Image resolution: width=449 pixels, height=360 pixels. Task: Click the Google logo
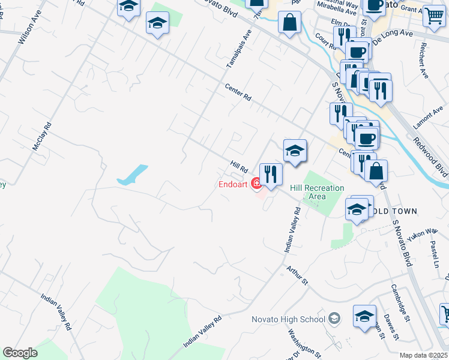[x=20, y=353]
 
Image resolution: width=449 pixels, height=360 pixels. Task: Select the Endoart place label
[x=233, y=184]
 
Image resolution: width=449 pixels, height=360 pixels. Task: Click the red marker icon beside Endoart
[x=256, y=184]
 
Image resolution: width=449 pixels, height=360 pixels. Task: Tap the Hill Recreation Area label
[x=317, y=192]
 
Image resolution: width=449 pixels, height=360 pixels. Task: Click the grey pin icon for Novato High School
[x=334, y=319]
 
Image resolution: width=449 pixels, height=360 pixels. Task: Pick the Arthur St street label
[x=297, y=276]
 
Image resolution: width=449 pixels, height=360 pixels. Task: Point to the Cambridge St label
[x=399, y=302]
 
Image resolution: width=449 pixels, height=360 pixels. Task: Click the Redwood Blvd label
[x=429, y=155]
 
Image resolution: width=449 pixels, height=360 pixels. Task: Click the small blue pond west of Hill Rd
[x=133, y=175]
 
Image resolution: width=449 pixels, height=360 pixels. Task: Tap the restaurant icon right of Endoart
[x=271, y=175]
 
